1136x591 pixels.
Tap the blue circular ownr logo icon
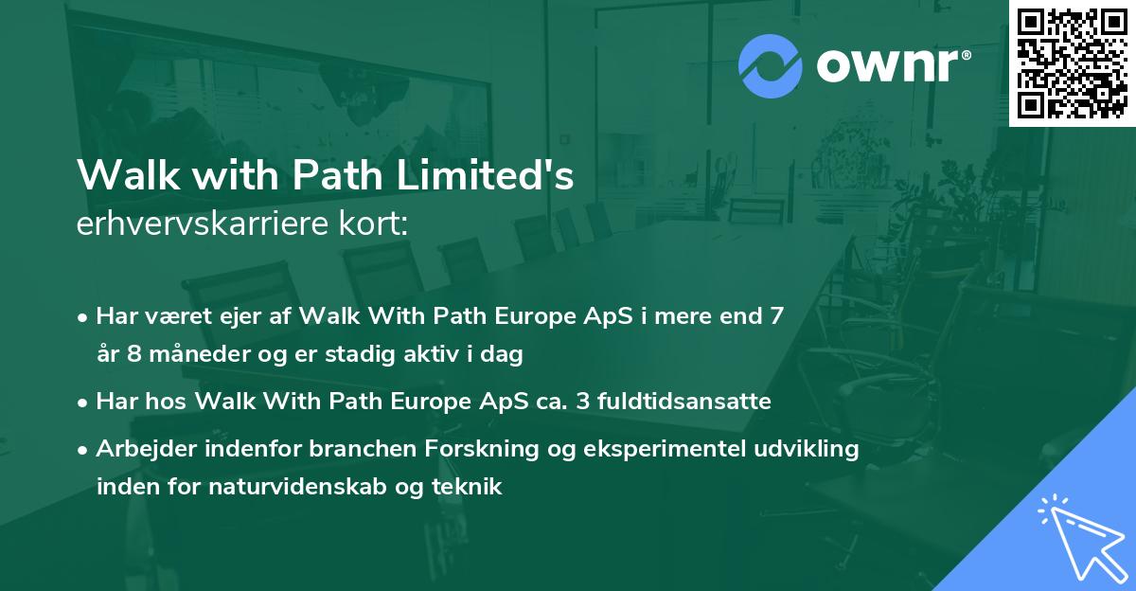pyautogui.click(x=770, y=66)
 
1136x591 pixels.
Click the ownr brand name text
pyautogui.click(x=893, y=66)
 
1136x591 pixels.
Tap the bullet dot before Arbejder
pyautogui.click(x=84, y=450)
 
